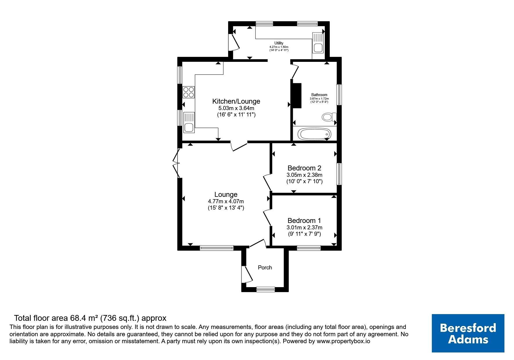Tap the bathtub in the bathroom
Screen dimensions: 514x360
(315, 134)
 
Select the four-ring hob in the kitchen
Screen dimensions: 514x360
(189, 92)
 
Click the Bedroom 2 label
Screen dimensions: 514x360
(304, 168)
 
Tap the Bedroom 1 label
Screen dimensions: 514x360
(304, 221)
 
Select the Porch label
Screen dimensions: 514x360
(265, 267)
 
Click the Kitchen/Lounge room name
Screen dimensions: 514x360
(236, 101)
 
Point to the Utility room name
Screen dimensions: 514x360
(279, 43)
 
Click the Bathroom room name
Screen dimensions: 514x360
(319, 95)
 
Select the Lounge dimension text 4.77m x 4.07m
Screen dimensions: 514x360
(226, 201)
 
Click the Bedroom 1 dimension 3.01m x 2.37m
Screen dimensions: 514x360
(304, 228)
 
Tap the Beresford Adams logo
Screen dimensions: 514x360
(468, 333)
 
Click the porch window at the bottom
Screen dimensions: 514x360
(266, 289)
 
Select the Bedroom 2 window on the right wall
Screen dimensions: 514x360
(339, 174)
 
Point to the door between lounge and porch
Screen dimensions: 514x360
(258, 243)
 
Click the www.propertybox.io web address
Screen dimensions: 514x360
(343, 341)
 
